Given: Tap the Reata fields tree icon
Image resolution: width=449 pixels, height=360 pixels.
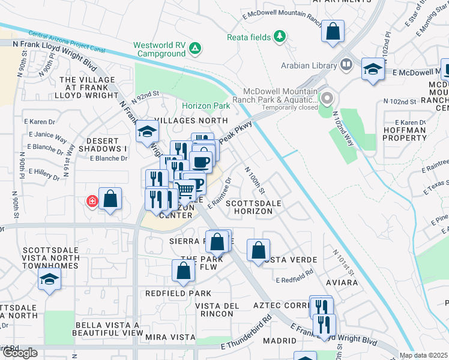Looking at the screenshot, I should point(279,37).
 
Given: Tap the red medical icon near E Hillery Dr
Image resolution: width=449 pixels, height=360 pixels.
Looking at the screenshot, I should point(92,201).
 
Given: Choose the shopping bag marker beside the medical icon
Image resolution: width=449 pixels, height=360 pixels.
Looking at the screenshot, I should point(110,199).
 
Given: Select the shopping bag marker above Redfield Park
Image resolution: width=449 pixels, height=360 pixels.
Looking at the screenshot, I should point(183,271).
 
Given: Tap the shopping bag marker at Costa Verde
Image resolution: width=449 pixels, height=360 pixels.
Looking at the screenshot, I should point(258,251).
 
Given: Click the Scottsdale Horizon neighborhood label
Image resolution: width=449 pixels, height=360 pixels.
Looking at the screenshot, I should point(253,208).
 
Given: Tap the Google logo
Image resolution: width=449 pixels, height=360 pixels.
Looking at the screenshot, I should point(19,353).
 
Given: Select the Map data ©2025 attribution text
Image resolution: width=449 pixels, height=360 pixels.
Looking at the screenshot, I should point(424,355).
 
